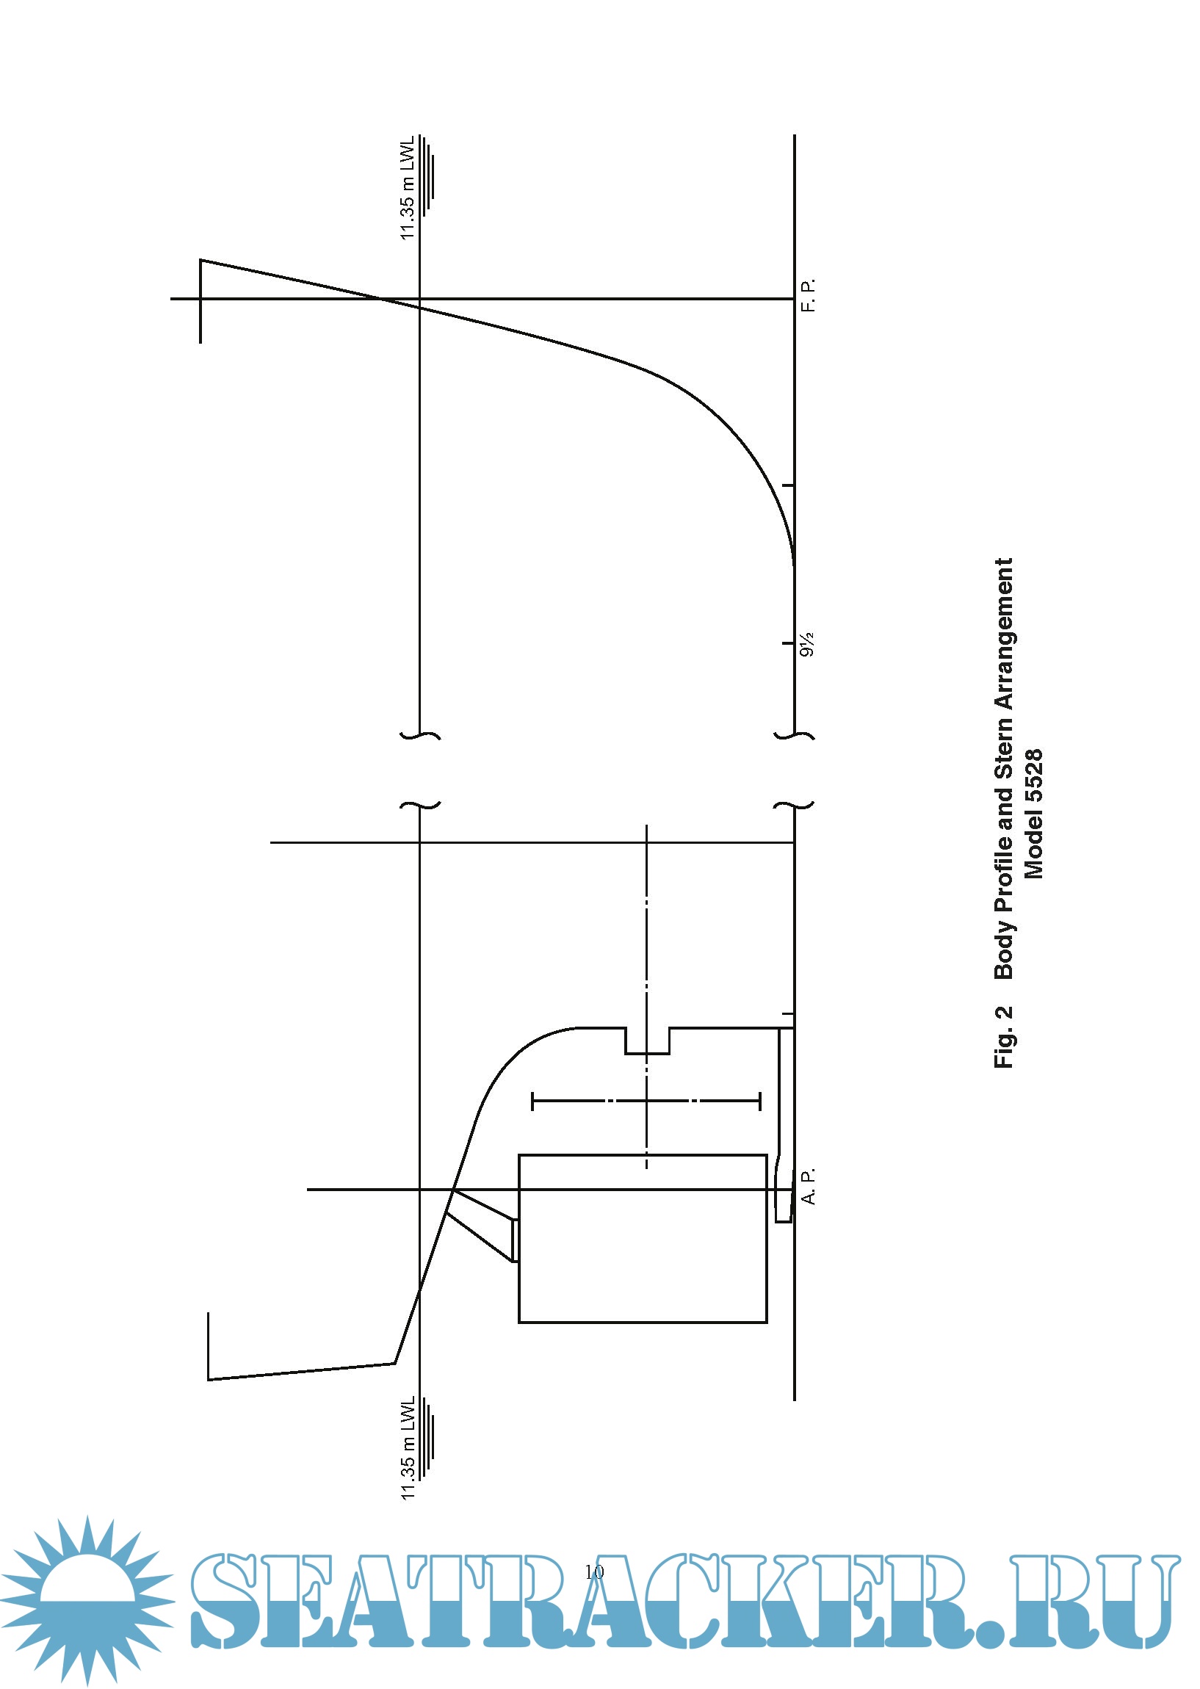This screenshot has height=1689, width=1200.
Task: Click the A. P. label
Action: (x=809, y=1186)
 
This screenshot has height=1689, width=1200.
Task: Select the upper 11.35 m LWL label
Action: (x=408, y=189)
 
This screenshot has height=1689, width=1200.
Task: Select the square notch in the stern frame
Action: (x=647, y=1041)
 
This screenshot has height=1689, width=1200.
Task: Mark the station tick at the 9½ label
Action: (x=789, y=644)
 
